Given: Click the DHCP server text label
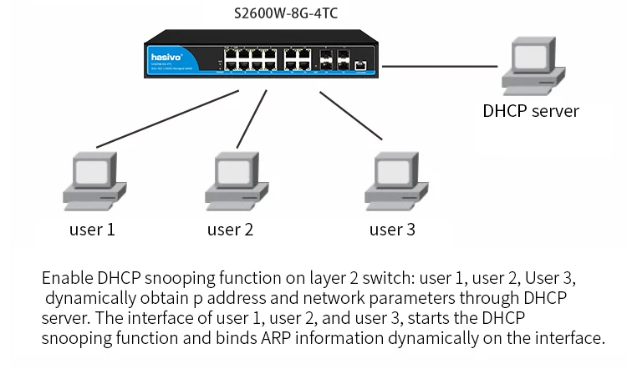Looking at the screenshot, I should click(531, 111).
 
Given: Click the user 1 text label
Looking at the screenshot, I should click(92, 229).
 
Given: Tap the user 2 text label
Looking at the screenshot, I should click(230, 229).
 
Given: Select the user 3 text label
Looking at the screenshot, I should click(392, 229).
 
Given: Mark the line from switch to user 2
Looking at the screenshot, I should click(252, 117).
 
